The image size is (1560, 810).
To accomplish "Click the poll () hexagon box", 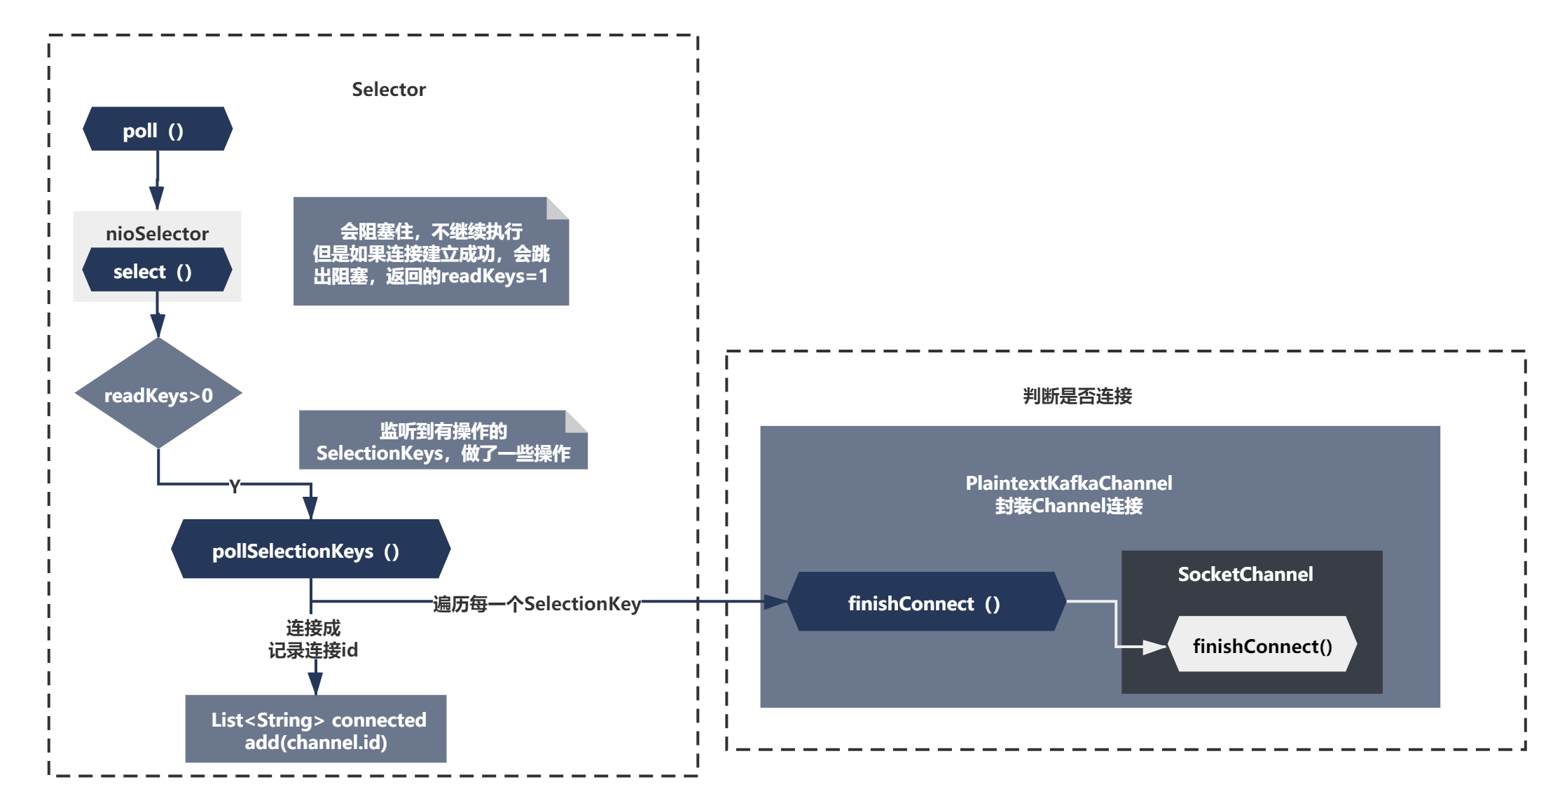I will (x=157, y=130).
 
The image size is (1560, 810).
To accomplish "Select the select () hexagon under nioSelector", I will (x=157, y=270).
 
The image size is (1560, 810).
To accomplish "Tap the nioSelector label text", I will (x=157, y=233).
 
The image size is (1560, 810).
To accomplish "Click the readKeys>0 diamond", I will (x=158, y=394).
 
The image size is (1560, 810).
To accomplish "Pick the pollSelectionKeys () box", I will (x=310, y=550).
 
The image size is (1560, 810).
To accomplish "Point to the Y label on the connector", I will (x=235, y=486).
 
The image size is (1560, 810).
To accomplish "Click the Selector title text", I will (x=388, y=90).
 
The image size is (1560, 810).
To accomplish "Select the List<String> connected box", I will (x=316, y=729).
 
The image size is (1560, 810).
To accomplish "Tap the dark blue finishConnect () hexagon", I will (x=925, y=603).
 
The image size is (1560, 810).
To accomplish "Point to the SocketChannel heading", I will (x=1245, y=575).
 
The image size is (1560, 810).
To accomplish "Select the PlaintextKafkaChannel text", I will (x=1068, y=483).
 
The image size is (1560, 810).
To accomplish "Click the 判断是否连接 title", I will (x=1077, y=397).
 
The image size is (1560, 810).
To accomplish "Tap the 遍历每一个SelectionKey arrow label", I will (x=537, y=603).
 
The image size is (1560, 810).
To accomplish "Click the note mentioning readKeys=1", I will (x=431, y=253).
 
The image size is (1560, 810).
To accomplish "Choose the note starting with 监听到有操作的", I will (x=443, y=441).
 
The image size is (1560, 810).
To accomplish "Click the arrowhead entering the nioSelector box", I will (x=157, y=198).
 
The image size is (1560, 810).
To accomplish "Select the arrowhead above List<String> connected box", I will (x=315, y=684).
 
